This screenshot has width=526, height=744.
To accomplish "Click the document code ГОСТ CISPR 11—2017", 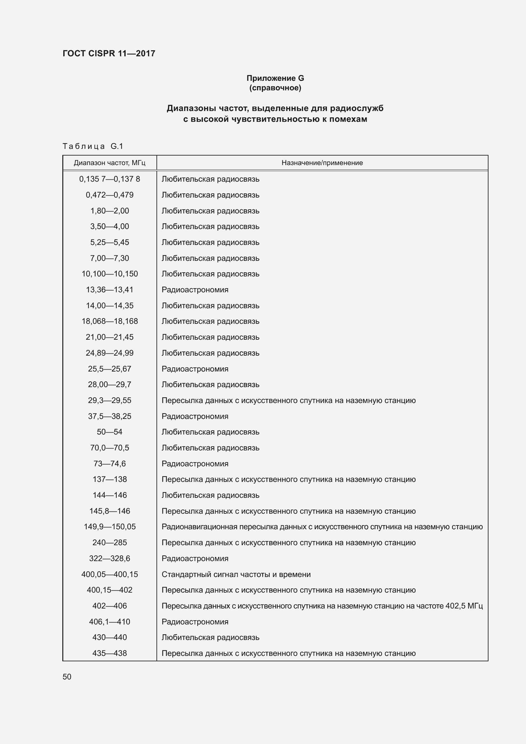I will (x=109, y=53).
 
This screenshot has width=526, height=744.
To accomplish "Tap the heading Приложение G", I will (x=275, y=78).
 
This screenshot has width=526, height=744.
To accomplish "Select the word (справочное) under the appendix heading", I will (x=275, y=88).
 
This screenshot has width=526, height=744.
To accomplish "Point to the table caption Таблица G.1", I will (x=93, y=146).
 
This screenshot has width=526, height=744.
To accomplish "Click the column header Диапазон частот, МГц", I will (x=109, y=163).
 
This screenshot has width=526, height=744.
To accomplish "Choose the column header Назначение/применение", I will (x=322, y=163).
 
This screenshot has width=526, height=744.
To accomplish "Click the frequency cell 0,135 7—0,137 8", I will (x=109, y=179).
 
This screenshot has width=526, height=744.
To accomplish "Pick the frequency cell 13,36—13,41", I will (x=109, y=290).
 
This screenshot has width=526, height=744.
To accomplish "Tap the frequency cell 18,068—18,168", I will (x=109, y=321).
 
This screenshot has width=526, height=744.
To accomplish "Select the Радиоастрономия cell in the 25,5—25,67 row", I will (x=195, y=369).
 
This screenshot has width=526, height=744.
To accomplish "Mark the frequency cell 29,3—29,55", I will (x=109, y=400).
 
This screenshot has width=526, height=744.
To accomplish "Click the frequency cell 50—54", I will (x=109, y=432).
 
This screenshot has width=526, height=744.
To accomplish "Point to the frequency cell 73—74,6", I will (x=109, y=463).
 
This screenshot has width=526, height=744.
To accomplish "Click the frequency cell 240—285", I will (x=109, y=542).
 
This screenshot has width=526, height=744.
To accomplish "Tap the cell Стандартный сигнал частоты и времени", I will (x=236, y=574).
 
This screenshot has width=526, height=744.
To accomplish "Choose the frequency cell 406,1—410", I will (x=109, y=622).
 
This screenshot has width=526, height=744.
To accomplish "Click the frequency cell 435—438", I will (x=109, y=653).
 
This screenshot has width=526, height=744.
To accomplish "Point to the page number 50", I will (x=67, y=677).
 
